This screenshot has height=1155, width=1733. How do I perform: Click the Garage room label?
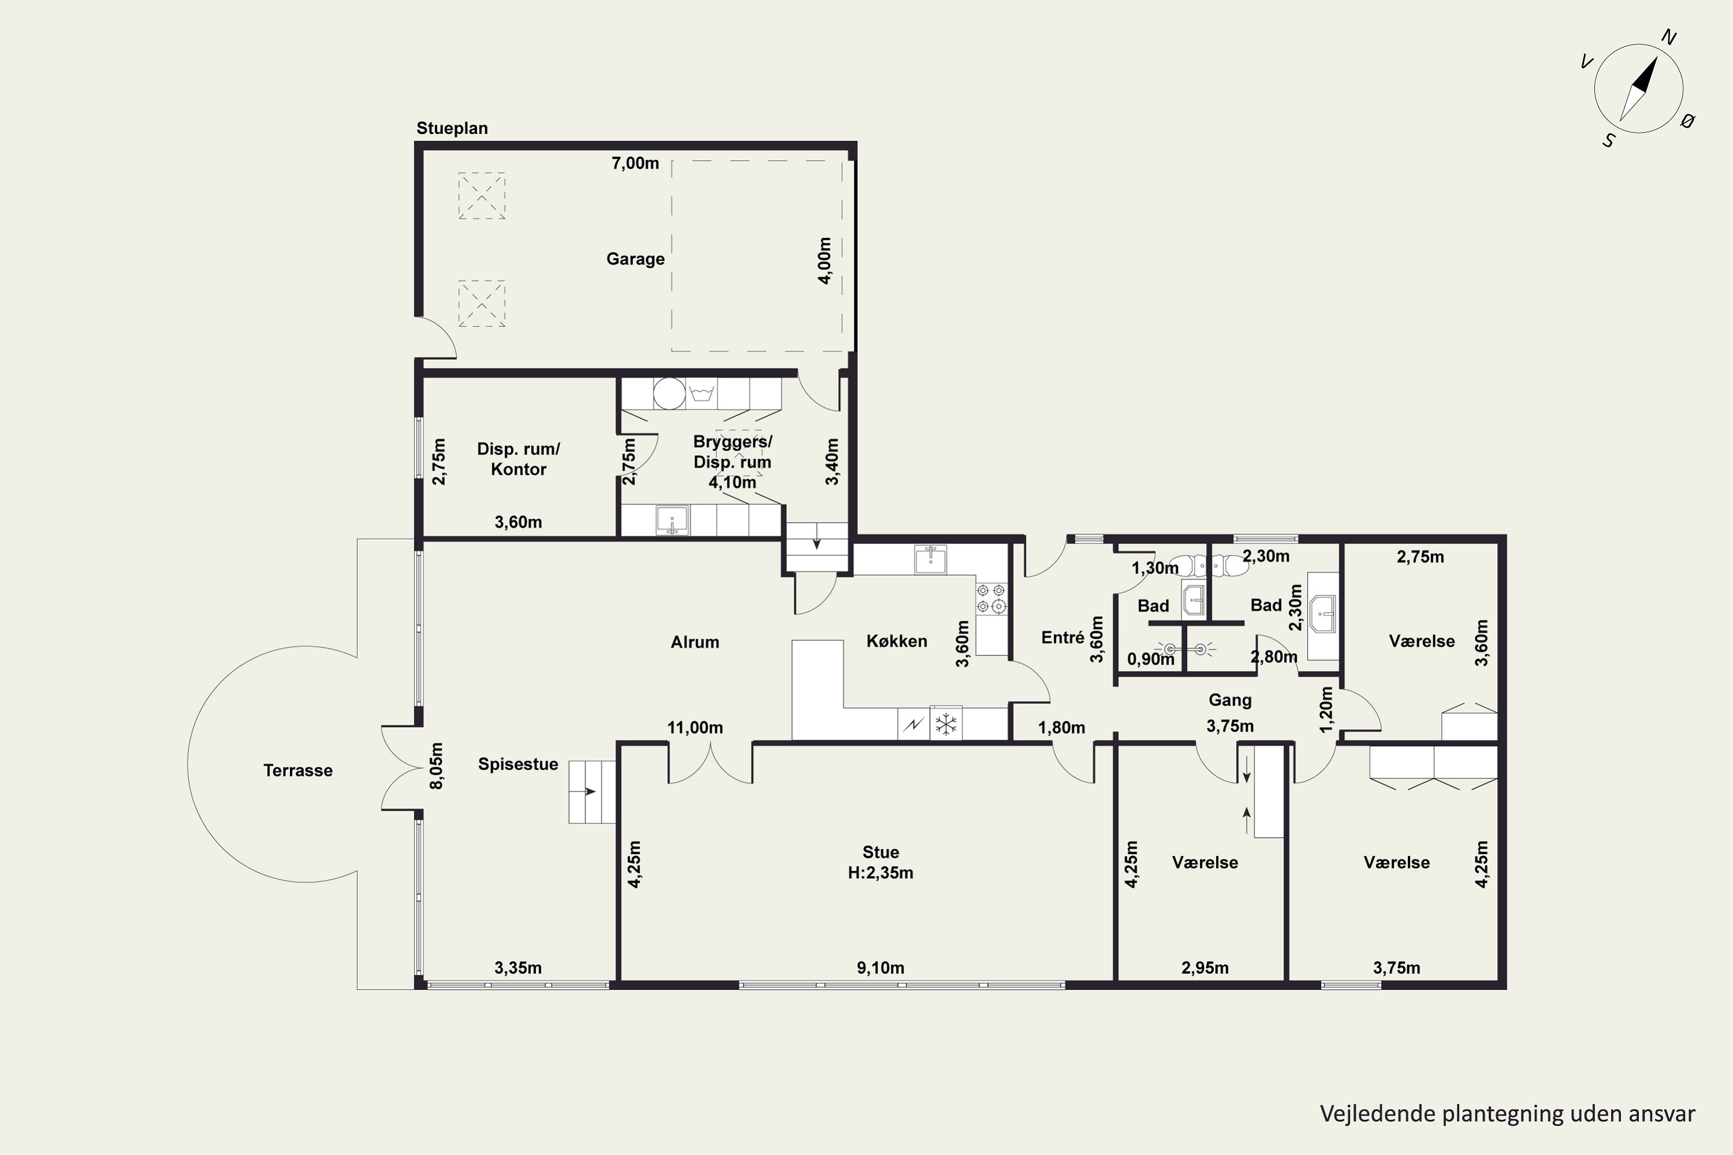pos(635,259)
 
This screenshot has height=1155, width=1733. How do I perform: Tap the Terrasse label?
pos(297,770)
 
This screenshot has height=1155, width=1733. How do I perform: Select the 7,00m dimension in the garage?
pos(635,163)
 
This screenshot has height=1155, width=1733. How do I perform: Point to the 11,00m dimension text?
pos(695,728)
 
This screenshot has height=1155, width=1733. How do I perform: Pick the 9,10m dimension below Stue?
pos(880,968)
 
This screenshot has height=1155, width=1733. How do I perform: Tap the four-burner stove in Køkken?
pos(992,598)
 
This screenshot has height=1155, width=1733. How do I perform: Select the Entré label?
pos(1062,638)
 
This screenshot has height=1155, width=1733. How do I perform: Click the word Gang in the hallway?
pos(1230,700)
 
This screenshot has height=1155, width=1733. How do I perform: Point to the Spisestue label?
pos(518,764)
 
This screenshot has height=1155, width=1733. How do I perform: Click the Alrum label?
pos(695,642)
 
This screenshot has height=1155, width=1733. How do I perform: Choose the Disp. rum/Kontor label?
pos(519,459)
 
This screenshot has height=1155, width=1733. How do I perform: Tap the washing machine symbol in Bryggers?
pos(701,393)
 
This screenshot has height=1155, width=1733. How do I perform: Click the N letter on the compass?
pos(1669,38)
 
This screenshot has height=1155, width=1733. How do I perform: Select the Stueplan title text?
pos(452,128)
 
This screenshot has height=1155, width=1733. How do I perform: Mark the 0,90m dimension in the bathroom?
pos(1151,658)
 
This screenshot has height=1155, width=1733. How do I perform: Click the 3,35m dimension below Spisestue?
pos(518,968)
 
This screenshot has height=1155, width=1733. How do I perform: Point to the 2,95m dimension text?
pos(1206,968)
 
